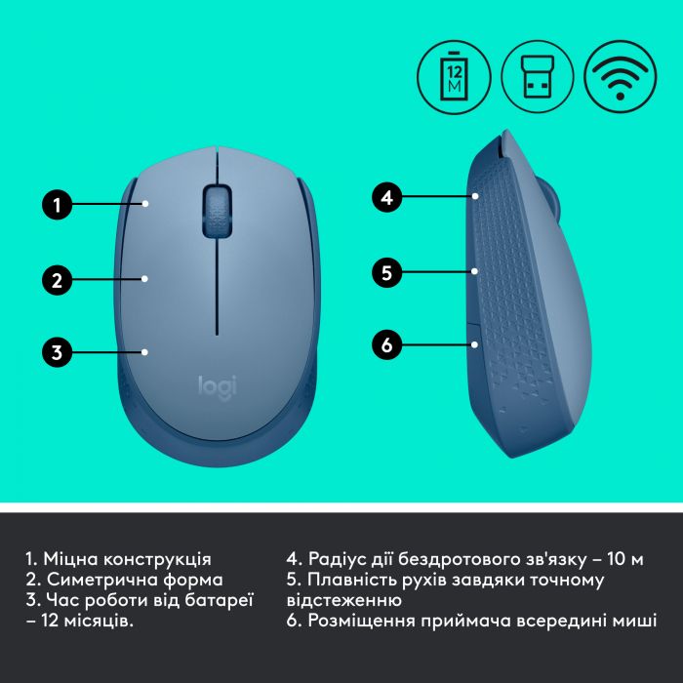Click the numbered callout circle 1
[x=58, y=205]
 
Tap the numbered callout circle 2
[x=58, y=280]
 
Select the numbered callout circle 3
[x=58, y=352]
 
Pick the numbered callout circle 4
[x=386, y=197]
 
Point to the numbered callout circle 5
[x=386, y=272]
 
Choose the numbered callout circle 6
[x=386, y=344]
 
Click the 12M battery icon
[x=454, y=73]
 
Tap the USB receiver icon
[x=538, y=73]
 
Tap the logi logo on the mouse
[x=218, y=385]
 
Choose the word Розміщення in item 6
[x=361, y=621]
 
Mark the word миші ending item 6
[x=635, y=621]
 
